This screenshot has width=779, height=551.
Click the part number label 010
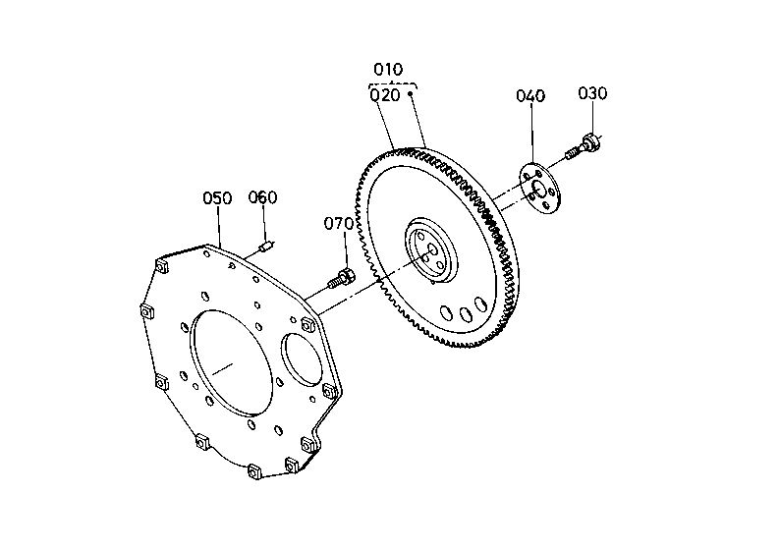(x=388, y=69)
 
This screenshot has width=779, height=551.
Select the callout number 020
(x=385, y=95)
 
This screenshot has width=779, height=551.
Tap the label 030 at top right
(x=592, y=93)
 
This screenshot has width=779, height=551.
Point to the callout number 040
(x=530, y=95)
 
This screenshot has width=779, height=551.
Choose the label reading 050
(x=217, y=198)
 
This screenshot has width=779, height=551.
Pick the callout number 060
(x=262, y=197)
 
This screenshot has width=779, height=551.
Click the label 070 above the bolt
(x=339, y=224)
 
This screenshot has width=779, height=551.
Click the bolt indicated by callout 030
(x=584, y=147)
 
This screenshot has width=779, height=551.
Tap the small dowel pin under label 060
(x=266, y=246)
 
